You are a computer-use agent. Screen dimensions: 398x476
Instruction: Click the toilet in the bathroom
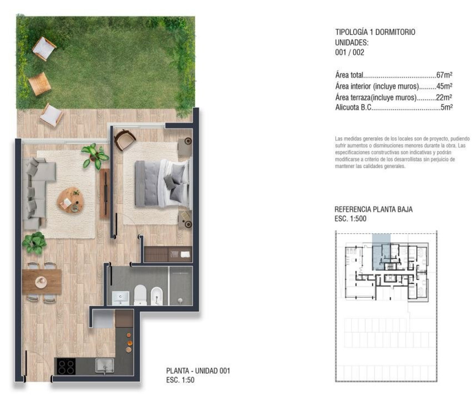pos(140,295)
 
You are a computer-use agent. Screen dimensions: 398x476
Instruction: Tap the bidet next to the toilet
pos(156,295)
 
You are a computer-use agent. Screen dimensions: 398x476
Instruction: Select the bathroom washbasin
pos(121,298)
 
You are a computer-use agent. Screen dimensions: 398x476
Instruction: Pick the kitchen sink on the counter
pos(105,366)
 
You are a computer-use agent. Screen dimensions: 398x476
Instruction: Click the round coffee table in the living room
pos(70,200)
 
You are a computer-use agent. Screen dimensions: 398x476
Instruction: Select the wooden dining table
pos(42,282)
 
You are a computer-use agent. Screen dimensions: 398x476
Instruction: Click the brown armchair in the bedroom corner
pos(125,139)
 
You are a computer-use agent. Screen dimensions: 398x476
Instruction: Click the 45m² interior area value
pos(444,86)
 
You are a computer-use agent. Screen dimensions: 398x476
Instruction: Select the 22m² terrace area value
pos(444,97)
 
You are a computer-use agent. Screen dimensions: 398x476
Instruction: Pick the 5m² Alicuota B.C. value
pos(447,107)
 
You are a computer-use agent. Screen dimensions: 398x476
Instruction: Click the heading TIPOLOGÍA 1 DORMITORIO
pos(375,32)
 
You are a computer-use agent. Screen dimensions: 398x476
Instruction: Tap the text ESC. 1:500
pos(351,219)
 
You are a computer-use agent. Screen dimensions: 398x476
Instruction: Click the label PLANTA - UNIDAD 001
pos(198,371)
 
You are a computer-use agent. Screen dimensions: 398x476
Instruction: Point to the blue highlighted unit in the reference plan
pos(381,252)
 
